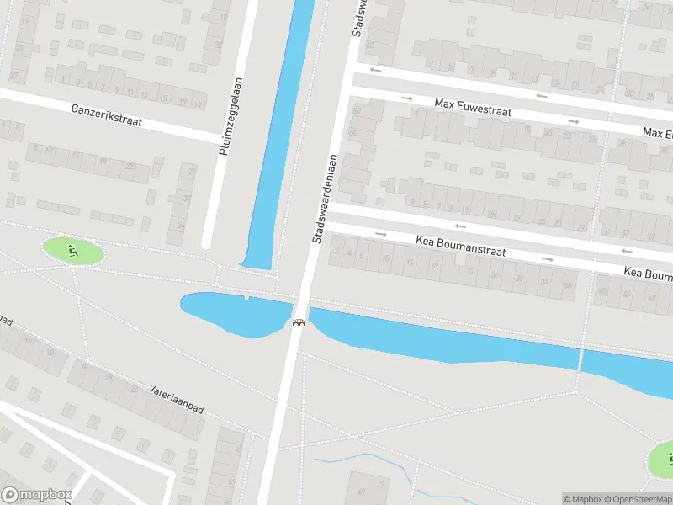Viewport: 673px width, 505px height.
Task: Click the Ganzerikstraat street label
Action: click(107, 115)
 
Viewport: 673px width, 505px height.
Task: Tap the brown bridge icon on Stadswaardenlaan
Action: click(298, 322)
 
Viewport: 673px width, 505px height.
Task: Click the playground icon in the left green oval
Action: click(73, 250)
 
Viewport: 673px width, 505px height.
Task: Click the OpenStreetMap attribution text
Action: click(636, 499)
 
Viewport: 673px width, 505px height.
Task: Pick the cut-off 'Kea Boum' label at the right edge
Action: click(648, 274)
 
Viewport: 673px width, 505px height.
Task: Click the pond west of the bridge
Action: click(231, 311)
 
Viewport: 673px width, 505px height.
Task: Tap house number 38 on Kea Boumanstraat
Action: click(568, 286)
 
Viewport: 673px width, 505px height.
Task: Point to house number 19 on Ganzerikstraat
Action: click(199, 104)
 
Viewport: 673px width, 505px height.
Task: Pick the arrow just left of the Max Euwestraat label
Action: click(407, 98)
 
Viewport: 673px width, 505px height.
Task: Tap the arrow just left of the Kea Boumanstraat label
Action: click(380, 234)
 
